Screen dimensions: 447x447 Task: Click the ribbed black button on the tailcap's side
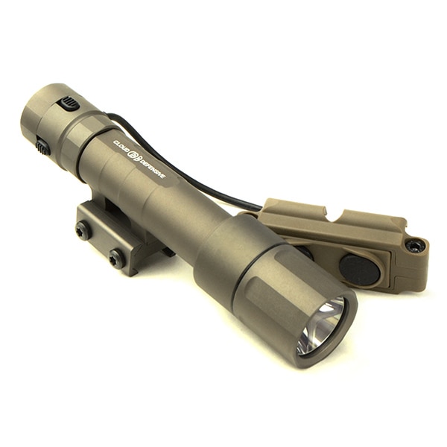point(70,103)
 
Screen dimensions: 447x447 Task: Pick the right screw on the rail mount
point(116,258)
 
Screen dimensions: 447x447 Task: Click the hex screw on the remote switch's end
point(415,245)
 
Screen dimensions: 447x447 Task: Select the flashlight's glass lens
point(321,326)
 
